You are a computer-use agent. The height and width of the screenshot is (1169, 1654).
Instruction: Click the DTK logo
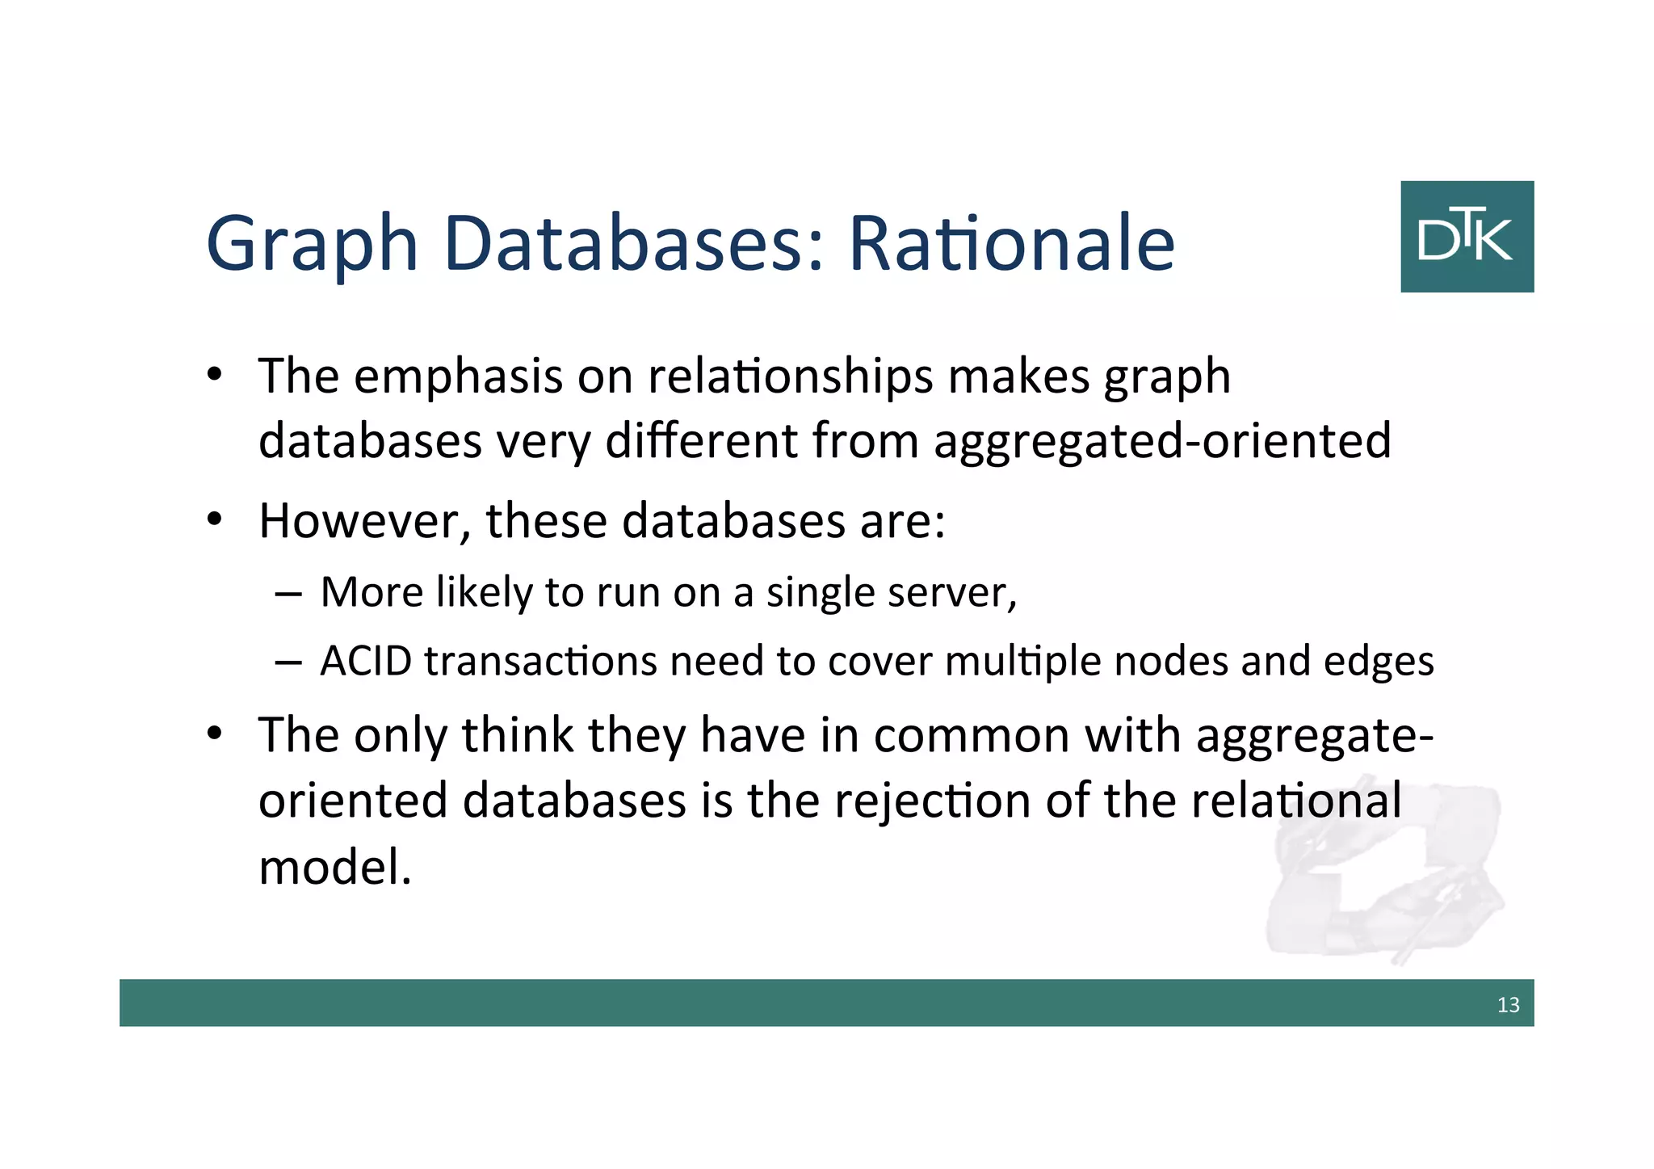pos(1467,236)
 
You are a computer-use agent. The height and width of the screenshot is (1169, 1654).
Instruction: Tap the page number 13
pos(1508,1005)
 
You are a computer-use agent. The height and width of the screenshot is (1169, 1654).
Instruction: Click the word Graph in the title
pos(312,245)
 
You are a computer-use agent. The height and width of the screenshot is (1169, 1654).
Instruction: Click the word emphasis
pos(458,376)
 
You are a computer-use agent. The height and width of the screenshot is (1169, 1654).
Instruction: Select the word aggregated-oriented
pos(1162,442)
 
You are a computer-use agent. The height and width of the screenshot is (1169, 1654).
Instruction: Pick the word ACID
pos(366,661)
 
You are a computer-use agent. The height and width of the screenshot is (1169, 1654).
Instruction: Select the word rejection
pos(932,801)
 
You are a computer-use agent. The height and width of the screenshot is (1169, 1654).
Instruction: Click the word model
pos(334,868)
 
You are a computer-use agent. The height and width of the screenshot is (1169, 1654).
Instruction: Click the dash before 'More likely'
pos(288,595)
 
